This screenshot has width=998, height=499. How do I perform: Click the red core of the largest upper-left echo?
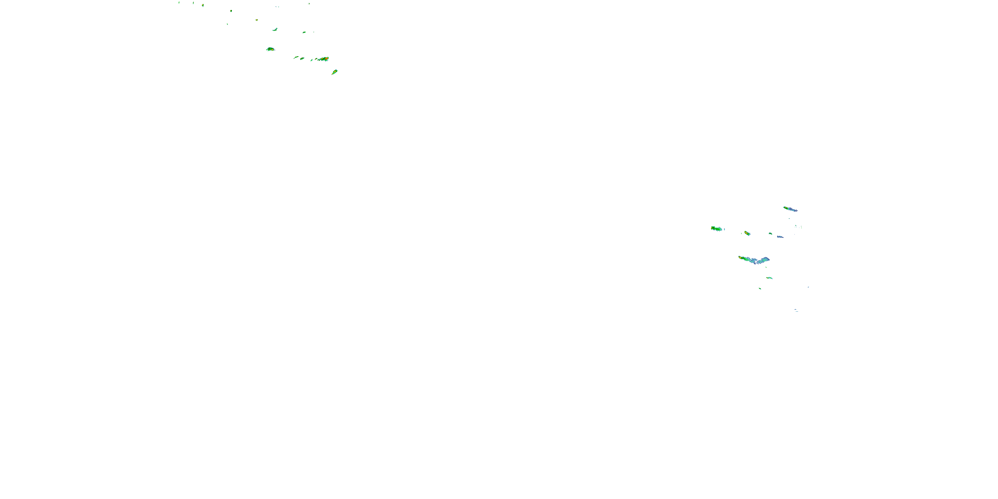click(x=327, y=59)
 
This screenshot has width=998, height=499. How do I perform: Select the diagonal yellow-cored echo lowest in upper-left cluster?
click(x=335, y=72)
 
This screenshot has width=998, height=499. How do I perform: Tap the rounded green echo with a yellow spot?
click(x=270, y=49)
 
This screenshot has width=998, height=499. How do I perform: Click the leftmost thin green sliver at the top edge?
click(x=179, y=2)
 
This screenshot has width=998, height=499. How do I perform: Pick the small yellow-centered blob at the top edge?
click(x=203, y=5)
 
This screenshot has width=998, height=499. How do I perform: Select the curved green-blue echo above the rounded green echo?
click(x=275, y=30)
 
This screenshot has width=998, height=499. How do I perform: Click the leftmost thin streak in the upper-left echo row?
click(x=296, y=57)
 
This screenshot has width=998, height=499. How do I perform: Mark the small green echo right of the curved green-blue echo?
click(x=304, y=32)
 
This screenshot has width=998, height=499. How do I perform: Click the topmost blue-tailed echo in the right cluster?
click(x=790, y=209)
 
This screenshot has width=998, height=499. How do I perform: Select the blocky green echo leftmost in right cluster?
click(x=716, y=229)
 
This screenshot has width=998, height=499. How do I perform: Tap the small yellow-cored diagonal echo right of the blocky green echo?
click(x=747, y=233)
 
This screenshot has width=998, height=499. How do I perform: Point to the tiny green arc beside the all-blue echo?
click(x=770, y=234)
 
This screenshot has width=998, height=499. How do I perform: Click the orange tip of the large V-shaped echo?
click(x=740, y=257)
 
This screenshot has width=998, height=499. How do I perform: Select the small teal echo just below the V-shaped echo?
click(x=769, y=278)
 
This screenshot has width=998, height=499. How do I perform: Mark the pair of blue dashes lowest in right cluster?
click(x=796, y=310)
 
